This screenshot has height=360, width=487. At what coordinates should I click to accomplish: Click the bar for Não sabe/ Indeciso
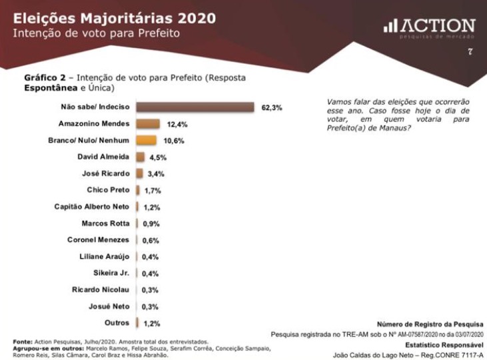coord(195,107)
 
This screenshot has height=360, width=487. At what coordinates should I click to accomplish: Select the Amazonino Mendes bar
coord(147,124)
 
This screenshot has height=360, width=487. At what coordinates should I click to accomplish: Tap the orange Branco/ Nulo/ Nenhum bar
coord(146,141)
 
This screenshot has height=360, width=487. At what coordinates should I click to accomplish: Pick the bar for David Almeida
coord(140,157)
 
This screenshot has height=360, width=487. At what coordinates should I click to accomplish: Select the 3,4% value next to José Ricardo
coord(155,174)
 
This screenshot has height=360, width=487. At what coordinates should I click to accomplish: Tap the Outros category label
coord(117,323)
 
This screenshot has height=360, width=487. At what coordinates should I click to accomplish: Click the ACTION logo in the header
coord(430,27)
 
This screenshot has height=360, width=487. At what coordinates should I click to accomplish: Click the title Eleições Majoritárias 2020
coord(115,18)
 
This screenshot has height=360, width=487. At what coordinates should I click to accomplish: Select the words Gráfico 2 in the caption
coord(45,77)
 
